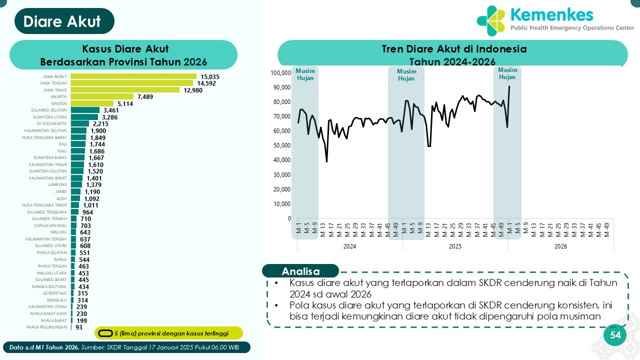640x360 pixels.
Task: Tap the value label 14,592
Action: [x=206, y=83]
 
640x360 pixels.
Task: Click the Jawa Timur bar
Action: [x=125, y=90]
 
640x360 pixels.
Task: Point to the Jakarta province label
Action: [x=59, y=96]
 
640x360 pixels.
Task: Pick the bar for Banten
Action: [x=92, y=103]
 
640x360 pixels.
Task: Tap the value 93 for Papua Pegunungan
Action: [x=79, y=327]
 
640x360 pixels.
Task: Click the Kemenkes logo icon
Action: [x=491, y=21]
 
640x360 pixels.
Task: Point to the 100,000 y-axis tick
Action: [x=280, y=73]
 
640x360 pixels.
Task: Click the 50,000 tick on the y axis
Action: [x=282, y=145]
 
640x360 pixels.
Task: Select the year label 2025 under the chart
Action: [x=455, y=246]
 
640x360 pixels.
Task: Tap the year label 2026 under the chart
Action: [x=560, y=246]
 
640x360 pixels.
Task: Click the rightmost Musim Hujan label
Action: [x=507, y=73]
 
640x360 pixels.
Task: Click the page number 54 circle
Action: [x=615, y=335]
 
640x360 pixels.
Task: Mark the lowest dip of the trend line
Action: [x=327, y=161]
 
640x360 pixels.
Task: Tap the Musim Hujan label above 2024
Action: [x=305, y=74]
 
